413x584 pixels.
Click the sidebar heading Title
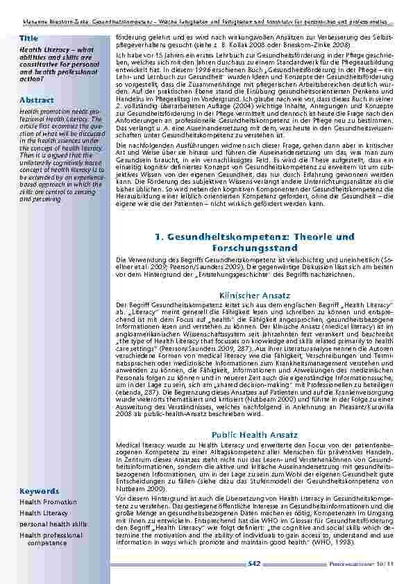tap(29, 37)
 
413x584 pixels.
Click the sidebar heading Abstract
tap(37, 101)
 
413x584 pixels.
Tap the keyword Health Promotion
tap(49, 502)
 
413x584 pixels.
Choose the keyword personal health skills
tap(53, 524)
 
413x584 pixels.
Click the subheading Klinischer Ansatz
tap(254, 295)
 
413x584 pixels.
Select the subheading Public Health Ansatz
tap(255, 435)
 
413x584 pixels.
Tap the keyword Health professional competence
tap(51, 540)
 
